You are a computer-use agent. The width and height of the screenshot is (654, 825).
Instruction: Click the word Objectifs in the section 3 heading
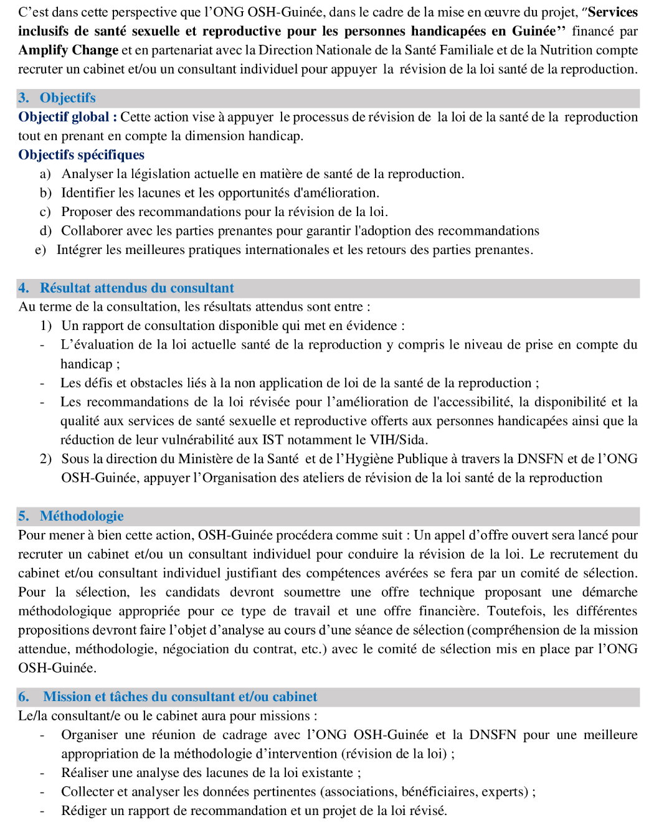[x=67, y=98]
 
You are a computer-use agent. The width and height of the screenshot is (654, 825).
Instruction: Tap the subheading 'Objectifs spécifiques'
[x=81, y=155]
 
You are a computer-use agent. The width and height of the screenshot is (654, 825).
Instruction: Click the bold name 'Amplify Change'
[x=68, y=50]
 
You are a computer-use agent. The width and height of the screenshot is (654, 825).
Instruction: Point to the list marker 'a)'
[x=45, y=174]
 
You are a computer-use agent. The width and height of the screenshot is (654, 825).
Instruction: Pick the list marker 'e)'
[x=40, y=250]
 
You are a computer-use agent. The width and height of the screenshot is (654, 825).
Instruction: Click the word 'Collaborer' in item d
[x=92, y=231]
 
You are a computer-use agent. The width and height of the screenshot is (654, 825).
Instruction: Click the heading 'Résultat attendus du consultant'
[x=137, y=288]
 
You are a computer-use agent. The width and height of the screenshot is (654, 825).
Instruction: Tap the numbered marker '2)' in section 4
[x=45, y=460]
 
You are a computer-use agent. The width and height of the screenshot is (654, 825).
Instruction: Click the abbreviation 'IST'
[x=272, y=440]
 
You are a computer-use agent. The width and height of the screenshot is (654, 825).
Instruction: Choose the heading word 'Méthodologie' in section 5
[x=82, y=516]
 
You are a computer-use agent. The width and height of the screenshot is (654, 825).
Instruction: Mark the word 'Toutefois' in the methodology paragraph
[x=515, y=611]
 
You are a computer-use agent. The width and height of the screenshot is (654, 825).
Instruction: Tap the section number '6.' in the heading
[x=24, y=697]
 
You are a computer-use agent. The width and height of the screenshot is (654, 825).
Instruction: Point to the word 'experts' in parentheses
[x=506, y=792]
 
